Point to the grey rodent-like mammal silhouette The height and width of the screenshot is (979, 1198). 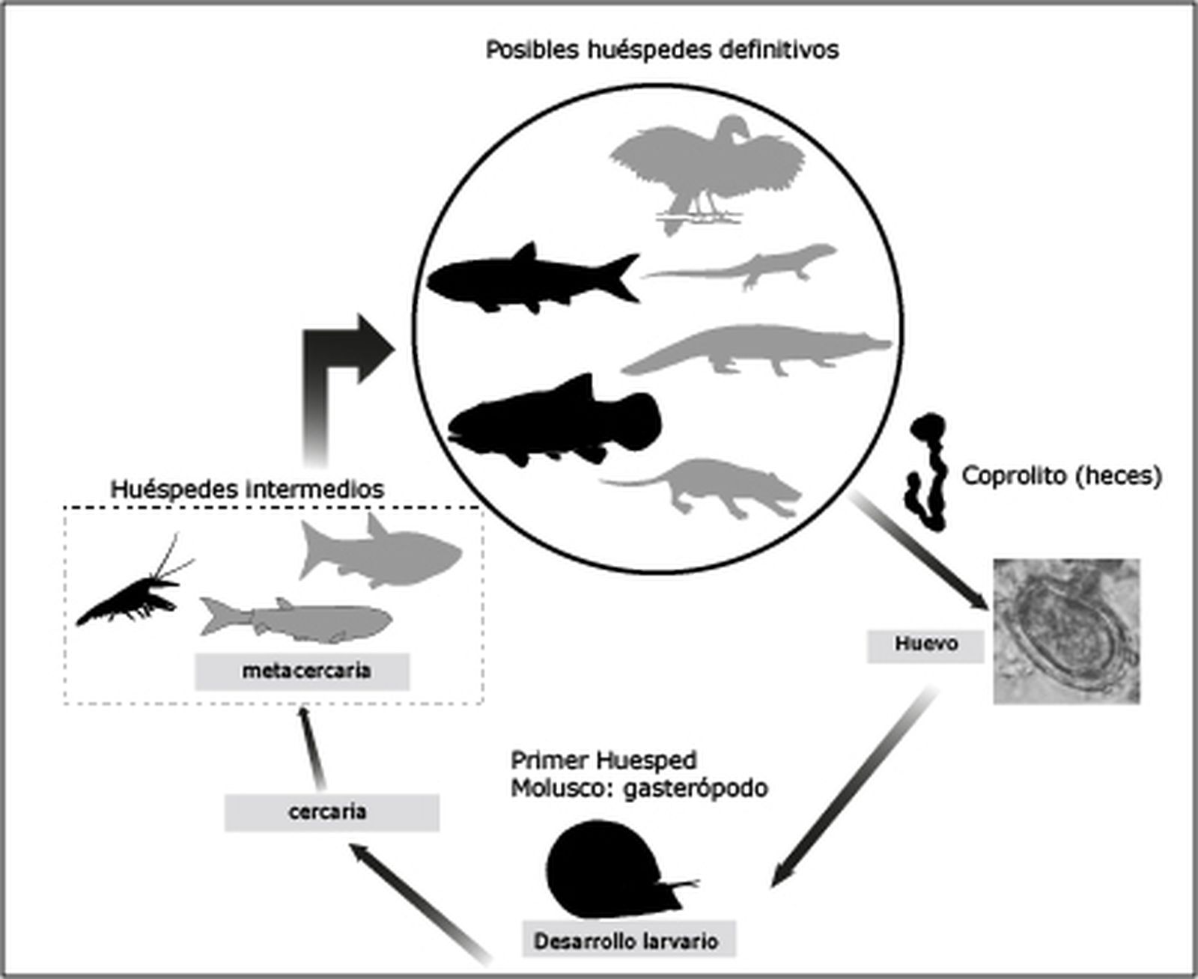point(711,487)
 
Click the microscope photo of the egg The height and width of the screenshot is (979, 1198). point(1066,630)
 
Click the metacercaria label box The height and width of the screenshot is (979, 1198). point(302,671)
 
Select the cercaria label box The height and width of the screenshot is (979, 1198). point(331,812)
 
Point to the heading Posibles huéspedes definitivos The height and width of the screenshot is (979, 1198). point(662,50)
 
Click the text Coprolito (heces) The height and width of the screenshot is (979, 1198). point(1061,476)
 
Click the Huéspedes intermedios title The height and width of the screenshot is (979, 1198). point(247,490)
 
